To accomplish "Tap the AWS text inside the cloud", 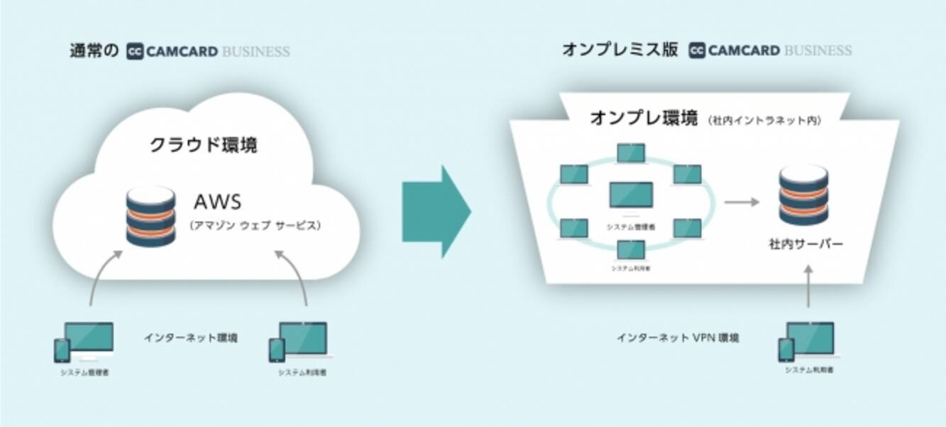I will pos(217,202).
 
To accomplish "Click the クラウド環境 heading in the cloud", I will pos(203,146).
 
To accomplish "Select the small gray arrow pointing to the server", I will pos(741,202).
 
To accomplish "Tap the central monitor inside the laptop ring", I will pos(631,198).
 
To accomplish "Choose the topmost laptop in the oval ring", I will pos(631,153).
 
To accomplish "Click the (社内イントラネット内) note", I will pos(764,121).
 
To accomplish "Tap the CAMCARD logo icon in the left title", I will pos(136,51).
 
